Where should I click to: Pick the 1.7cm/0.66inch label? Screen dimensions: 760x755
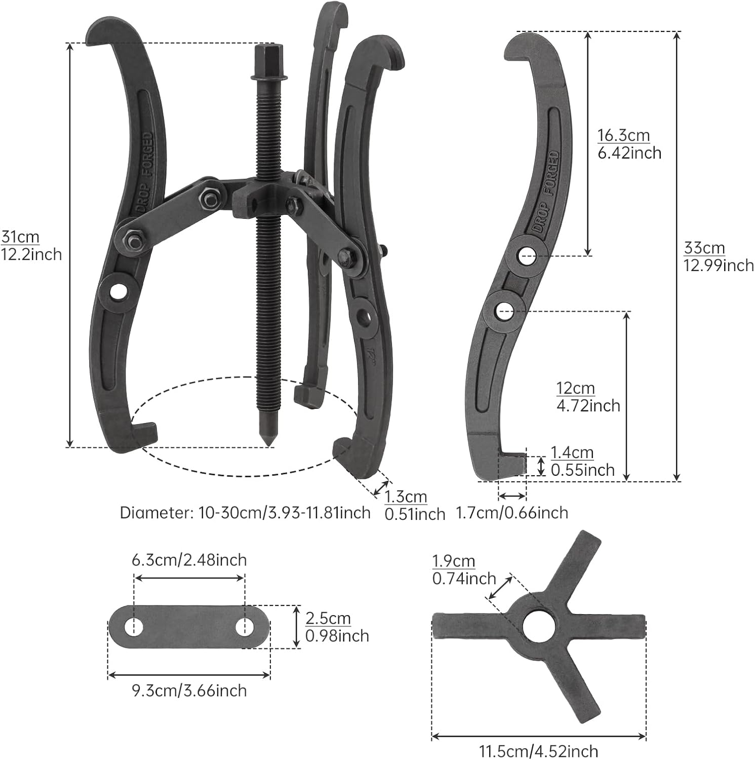pos(512,513)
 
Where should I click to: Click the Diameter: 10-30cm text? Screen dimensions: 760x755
pos(245,513)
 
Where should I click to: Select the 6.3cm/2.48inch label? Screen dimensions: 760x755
pos(189,560)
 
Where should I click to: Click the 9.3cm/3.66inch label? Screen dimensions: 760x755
pos(189,691)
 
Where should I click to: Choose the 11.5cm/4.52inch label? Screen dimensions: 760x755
pos(538,750)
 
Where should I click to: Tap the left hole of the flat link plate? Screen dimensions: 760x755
pos(134,627)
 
